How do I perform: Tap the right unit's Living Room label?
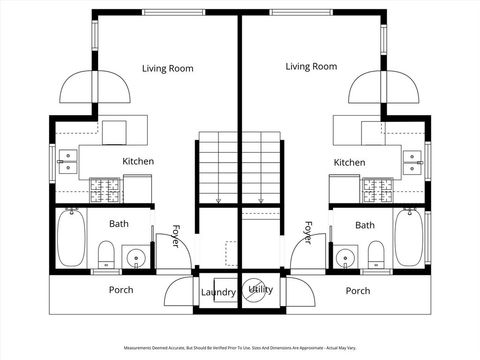pyautogui.click(x=311, y=67)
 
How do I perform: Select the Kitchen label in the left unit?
pyautogui.click(x=138, y=161)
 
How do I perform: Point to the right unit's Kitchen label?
pyautogui.click(x=349, y=162)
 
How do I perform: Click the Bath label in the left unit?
pyautogui.click(x=119, y=225)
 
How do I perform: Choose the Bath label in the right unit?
pyautogui.click(x=365, y=225)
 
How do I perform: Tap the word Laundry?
pyautogui.click(x=218, y=292)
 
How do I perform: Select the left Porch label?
pyautogui.click(x=121, y=291)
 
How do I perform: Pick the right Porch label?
pyautogui.click(x=357, y=291)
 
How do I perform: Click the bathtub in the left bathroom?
pyautogui.click(x=70, y=238)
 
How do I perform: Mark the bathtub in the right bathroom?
pyautogui.click(x=410, y=238)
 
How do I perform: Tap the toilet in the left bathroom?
pyautogui.click(x=106, y=251)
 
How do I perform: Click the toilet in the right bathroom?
pyautogui.click(x=375, y=251)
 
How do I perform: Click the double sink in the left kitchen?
pyautogui.click(x=68, y=161)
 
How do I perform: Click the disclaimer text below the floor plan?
pyautogui.click(x=240, y=349)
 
